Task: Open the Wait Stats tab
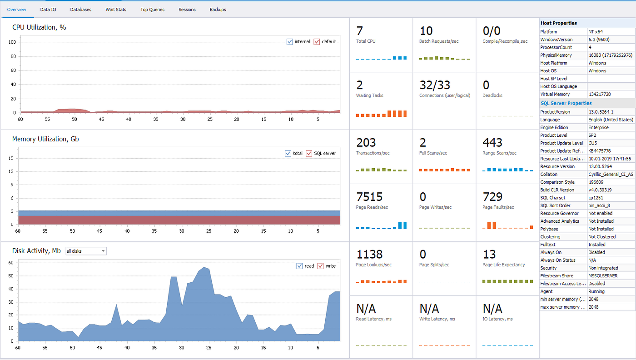(116, 10)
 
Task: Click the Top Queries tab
(152, 10)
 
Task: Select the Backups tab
(218, 10)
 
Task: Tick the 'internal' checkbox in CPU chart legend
(290, 42)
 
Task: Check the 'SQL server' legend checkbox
(309, 154)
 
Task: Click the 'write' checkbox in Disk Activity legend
(320, 266)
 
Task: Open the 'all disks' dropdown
(86, 251)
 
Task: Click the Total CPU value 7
(360, 31)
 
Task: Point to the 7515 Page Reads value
(369, 197)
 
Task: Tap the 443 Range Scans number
(492, 143)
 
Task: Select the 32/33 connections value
(435, 85)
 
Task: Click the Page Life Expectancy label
(503, 265)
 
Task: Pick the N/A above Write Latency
(429, 309)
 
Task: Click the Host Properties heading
(559, 23)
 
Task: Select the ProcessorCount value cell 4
(590, 47)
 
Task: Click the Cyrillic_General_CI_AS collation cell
(611, 175)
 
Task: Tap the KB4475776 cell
(600, 151)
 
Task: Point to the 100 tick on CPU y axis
(13, 42)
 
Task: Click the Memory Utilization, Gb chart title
(45, 139)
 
